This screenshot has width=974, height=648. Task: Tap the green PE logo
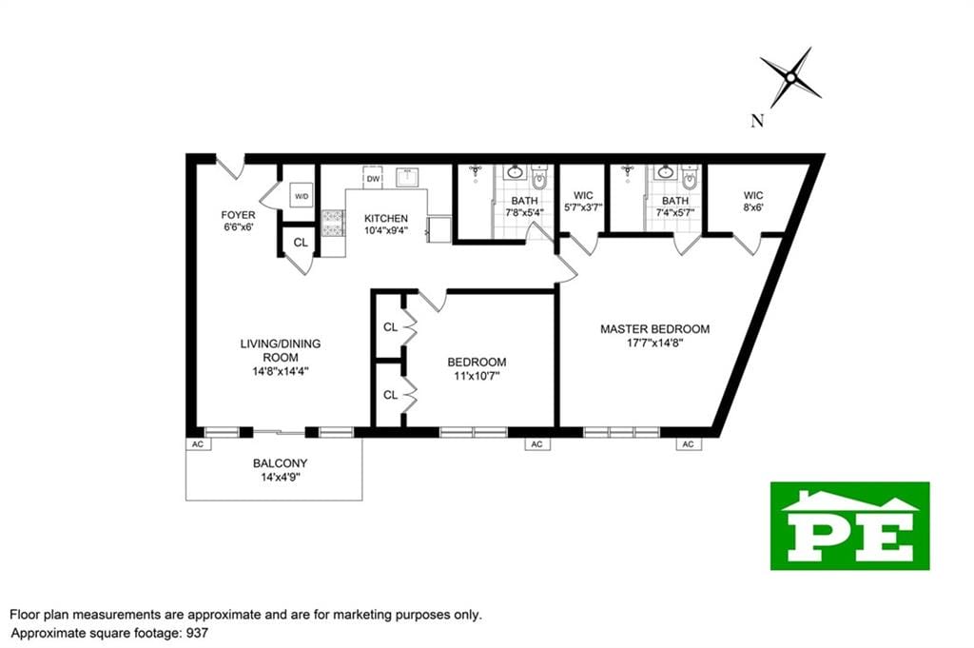(849, 525)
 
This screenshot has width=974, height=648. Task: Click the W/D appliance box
(302, 196)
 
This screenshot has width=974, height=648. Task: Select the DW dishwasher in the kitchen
(373, 178)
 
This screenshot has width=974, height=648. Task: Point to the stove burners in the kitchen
(333, 223)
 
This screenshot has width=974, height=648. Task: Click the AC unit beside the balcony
(198, 443)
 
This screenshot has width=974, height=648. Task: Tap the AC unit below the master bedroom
(689, 443)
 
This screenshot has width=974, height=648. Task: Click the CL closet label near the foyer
(301, 243)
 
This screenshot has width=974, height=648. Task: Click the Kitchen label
(386, 218)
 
